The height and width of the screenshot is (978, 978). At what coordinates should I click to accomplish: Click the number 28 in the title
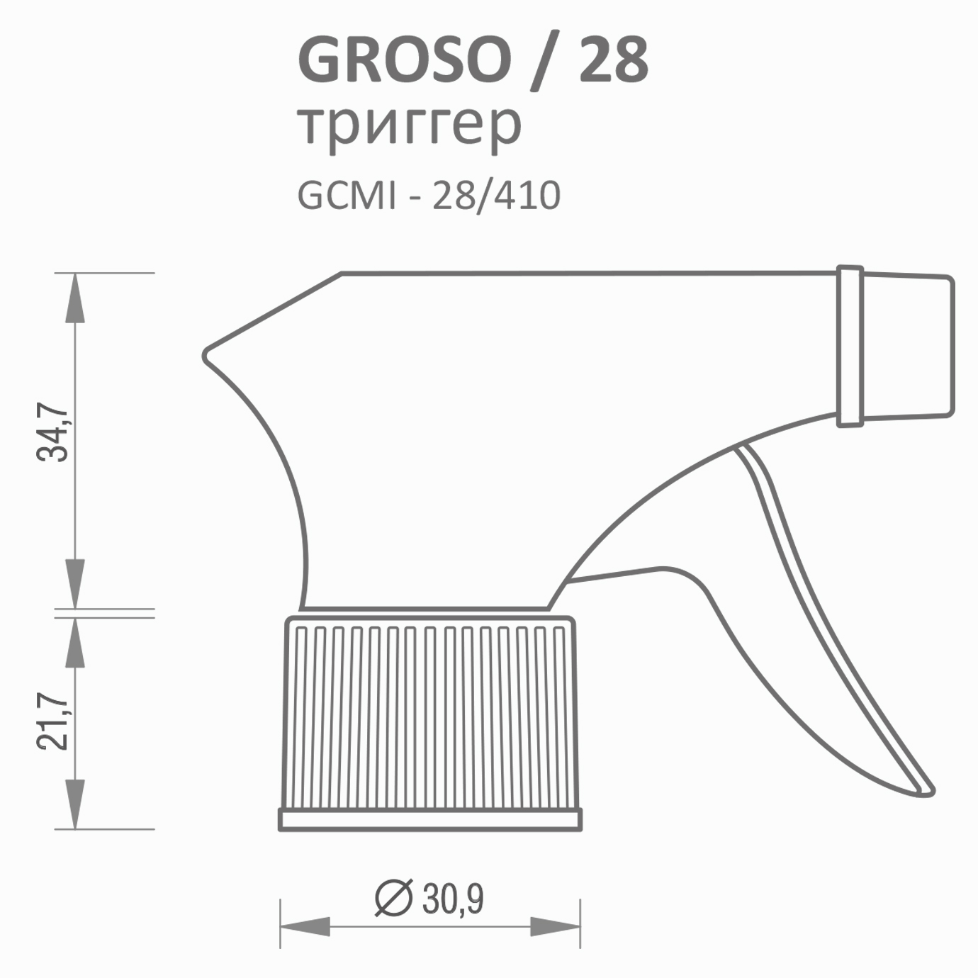tap(613, 60)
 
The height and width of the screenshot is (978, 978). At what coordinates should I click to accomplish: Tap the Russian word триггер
tap(409, 125)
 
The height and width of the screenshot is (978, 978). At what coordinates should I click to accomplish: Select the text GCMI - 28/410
tap(429, 195)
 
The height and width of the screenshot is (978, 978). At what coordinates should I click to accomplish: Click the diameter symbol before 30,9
tap(393, 898)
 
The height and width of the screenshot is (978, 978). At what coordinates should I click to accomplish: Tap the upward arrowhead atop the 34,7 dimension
tap(75, 298)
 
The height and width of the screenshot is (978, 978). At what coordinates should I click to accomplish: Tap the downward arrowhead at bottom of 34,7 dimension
tap(75, 583)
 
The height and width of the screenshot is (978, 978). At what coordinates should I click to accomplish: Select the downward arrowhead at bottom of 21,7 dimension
tap(75, 804)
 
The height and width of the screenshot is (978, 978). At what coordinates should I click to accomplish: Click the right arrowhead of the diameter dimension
tap(555, 926)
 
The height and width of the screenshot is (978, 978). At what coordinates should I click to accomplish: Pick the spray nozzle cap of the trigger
tap(907, 345)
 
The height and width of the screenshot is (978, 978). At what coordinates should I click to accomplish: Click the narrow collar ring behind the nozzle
tap(850, 347)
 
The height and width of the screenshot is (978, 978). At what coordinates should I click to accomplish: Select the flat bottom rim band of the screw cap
tap(430, 820)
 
